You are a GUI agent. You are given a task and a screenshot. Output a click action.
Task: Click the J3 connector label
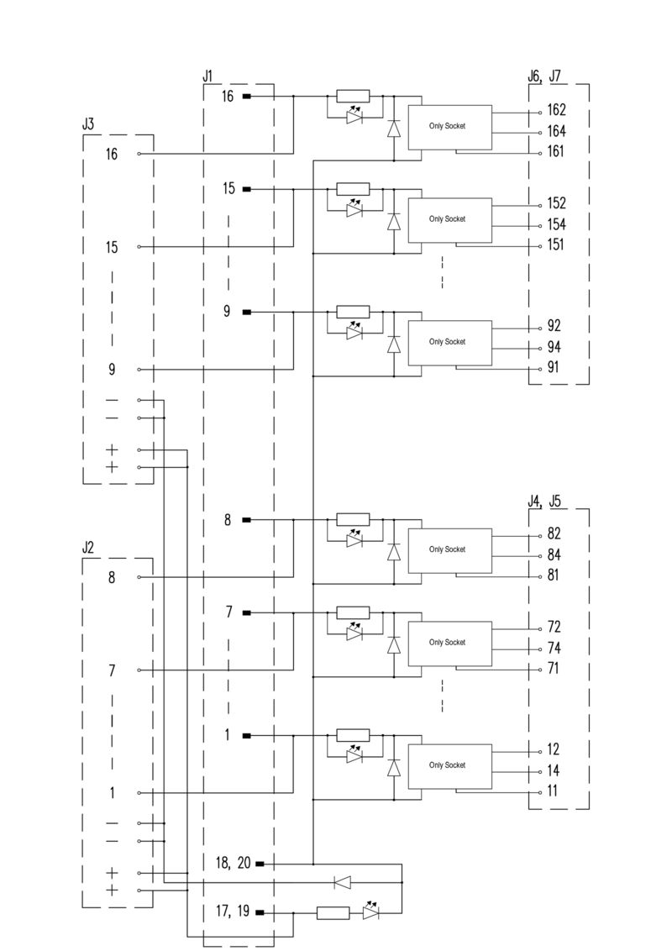tap(88, 124)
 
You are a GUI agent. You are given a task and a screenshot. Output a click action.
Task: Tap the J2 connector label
tap(88, 548)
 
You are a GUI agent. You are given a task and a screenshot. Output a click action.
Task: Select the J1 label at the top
tap(208, 76)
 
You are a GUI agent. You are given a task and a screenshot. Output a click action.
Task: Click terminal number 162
tap(556, 110)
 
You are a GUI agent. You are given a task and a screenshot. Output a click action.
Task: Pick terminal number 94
tap(554, 347)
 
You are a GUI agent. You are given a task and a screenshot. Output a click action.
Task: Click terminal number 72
tap(554, 627)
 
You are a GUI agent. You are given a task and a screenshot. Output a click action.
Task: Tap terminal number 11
tap(553, 791)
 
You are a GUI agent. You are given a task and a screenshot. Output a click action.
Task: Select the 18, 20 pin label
tap(233, 864)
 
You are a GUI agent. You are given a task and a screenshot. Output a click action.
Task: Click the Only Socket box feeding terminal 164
tap(449, 126)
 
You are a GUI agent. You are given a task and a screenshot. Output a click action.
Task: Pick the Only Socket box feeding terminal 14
tap(449, 765)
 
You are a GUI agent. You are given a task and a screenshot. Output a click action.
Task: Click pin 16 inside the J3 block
tap(112, 155)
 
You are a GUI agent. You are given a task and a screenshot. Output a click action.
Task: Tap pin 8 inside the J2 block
tap(112, 578)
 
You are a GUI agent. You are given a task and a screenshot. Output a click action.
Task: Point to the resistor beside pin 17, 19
tap(333, 912)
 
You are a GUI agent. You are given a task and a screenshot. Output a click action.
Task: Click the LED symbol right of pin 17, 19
tap(371, 912)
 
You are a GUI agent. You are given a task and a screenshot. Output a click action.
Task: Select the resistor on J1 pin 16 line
tap(352, 97)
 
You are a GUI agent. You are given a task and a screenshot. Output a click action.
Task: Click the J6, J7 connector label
tap(545, 76)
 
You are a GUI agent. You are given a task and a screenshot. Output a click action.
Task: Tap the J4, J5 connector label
tap(545, 502)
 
